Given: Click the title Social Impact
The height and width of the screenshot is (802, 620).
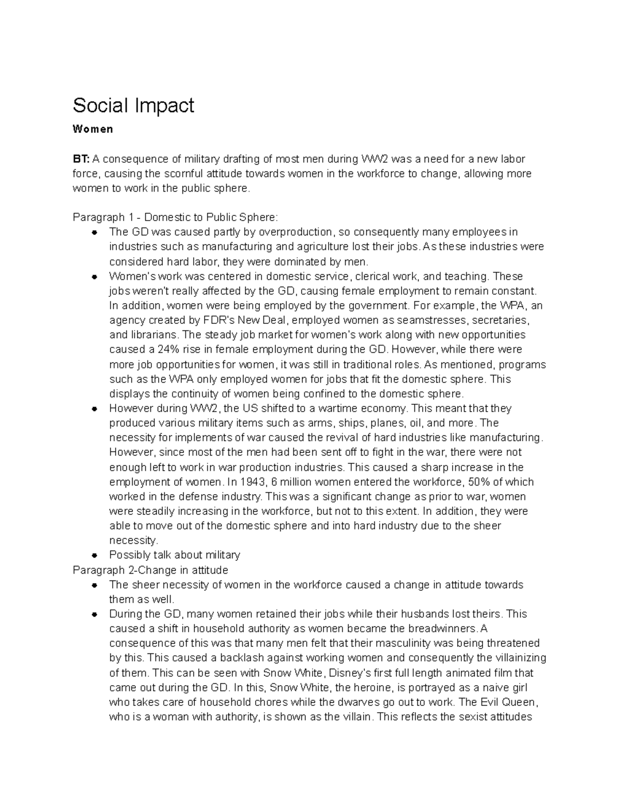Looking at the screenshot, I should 133,105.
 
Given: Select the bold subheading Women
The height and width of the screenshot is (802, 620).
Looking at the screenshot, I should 92,130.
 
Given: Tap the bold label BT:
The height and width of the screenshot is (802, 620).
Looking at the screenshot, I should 81,159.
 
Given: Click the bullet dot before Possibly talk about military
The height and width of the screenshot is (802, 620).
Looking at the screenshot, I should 94,556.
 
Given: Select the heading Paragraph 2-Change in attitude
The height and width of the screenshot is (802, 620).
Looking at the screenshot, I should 150,570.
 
